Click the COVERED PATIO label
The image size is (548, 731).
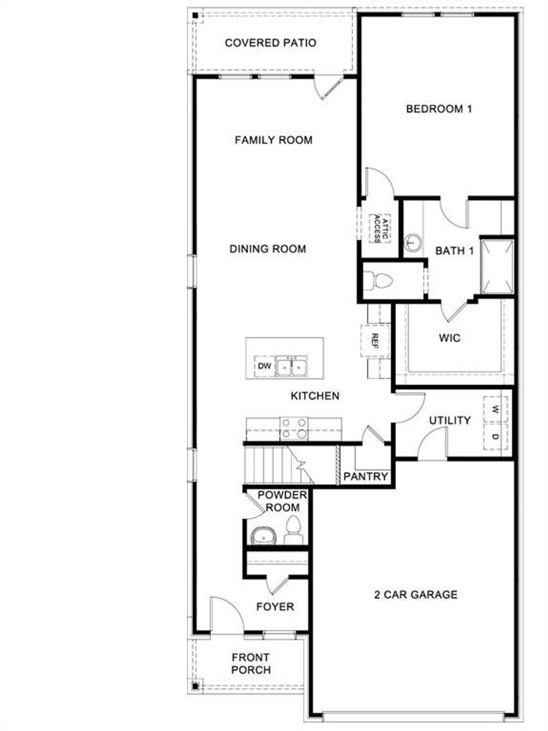[x=270, y=43]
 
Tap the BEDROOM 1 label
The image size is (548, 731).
[x=439, y=109]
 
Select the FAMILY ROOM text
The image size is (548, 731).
[x=274, y=140]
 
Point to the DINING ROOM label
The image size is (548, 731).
[x=268, y=249]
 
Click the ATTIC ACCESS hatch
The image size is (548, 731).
[x=380, y=228]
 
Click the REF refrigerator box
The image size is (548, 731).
[x=375, y=341]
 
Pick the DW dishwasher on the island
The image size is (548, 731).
[x=265, y=366]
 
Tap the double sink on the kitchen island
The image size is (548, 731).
[x=291, y=366]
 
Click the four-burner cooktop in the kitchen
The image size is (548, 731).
[x=294, y=428]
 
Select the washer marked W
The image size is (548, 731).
[x=495, y=410]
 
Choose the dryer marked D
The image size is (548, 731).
[x=495, y=436]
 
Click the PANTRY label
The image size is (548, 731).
[x=366, y=476]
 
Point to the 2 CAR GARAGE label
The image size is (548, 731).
[x=416, y=595]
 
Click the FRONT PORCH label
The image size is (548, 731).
[x=251, y=663]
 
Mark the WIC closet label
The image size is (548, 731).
[x=450, y=338]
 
